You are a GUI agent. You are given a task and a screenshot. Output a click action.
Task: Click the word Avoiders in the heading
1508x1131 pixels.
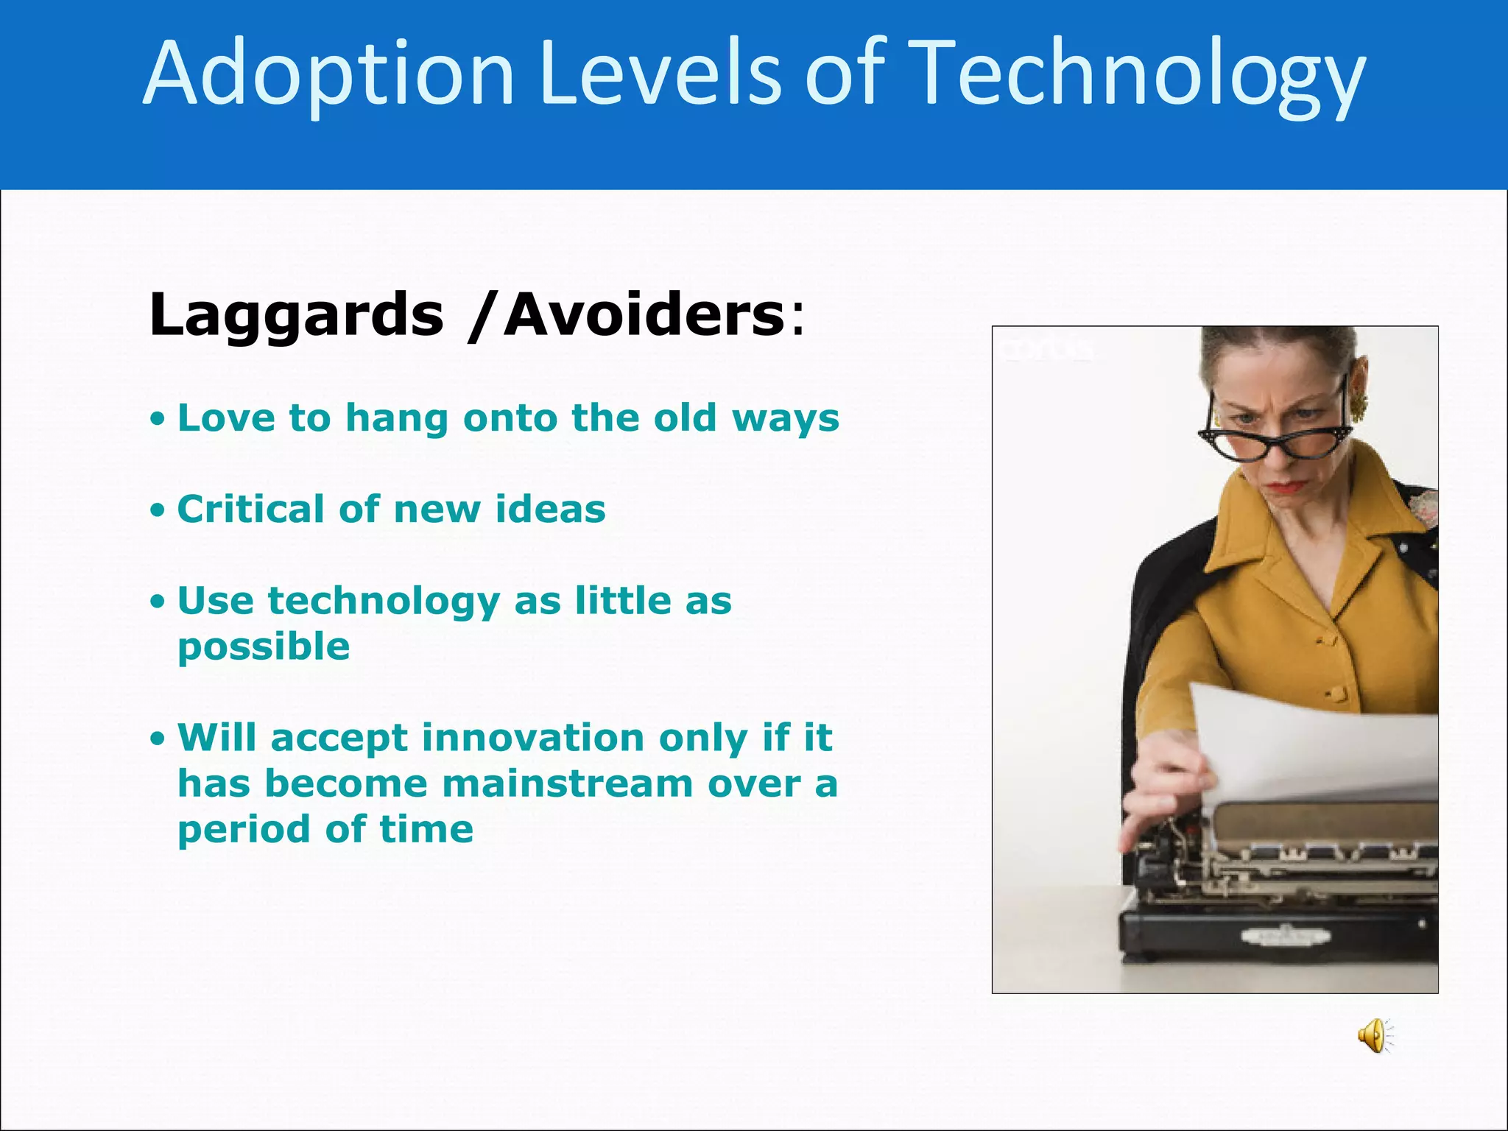pos(644,315)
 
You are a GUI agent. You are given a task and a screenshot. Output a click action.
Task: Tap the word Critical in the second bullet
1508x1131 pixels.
pos(250,509)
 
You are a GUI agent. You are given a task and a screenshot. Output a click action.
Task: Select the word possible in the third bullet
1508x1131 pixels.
pos(264,647)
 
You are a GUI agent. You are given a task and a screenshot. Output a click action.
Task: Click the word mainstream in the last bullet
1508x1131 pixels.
pos(567,783)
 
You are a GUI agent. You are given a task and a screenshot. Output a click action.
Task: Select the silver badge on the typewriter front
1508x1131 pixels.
pos(1286,936)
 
